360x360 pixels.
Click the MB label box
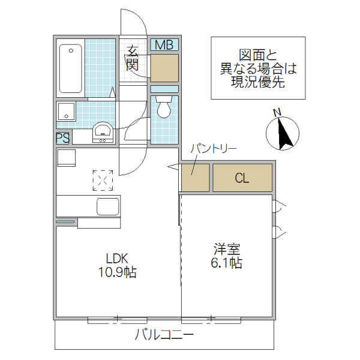point(164,45)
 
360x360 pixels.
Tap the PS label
point(63,138)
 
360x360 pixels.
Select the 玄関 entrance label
point(133,58)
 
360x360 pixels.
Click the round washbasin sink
point(103,131)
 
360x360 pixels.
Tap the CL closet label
point(242,178)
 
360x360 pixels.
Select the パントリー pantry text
point(214,148)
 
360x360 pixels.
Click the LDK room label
point(118,258)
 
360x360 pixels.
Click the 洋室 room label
point(227,248)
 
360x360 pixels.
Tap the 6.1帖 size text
point(227,263)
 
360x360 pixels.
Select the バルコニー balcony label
point(164,335)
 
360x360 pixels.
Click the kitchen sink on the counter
point(107,208)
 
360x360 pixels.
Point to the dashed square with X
point(103,179)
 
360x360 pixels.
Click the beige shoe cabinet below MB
point(164,68)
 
